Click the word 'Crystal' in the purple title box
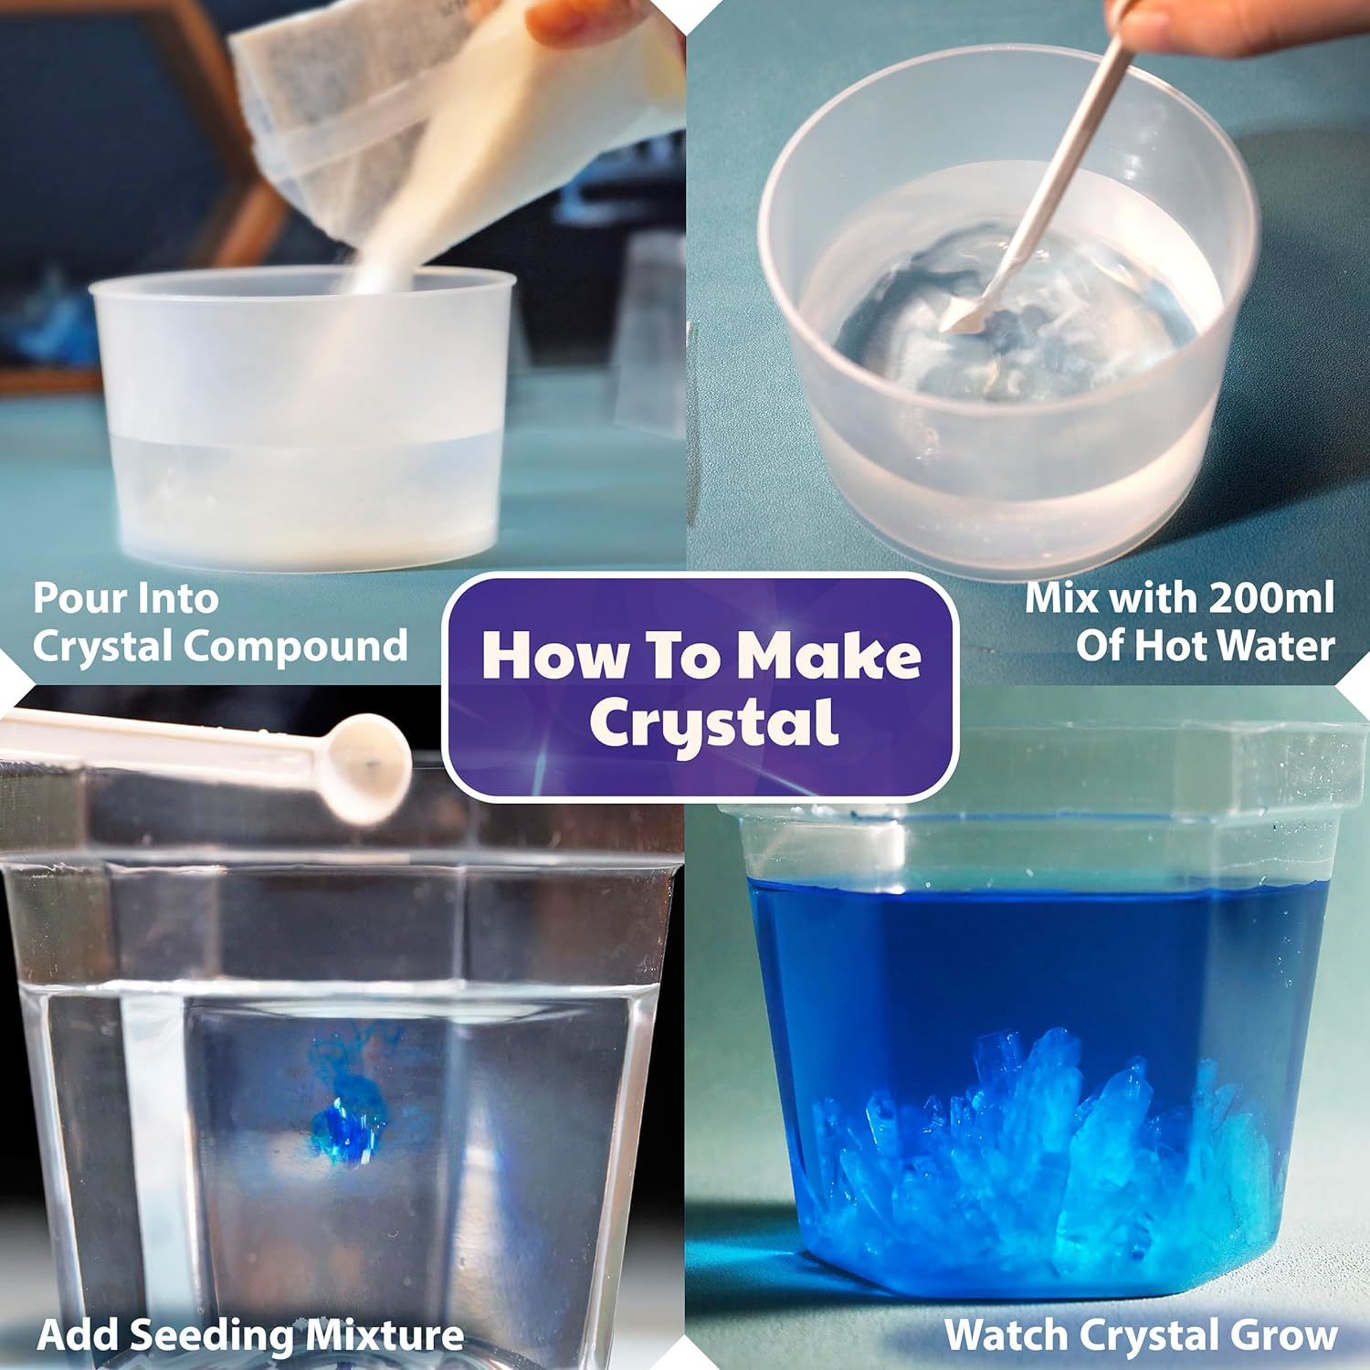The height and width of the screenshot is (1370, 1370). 713,724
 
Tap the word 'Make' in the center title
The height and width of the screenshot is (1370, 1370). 828,656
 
